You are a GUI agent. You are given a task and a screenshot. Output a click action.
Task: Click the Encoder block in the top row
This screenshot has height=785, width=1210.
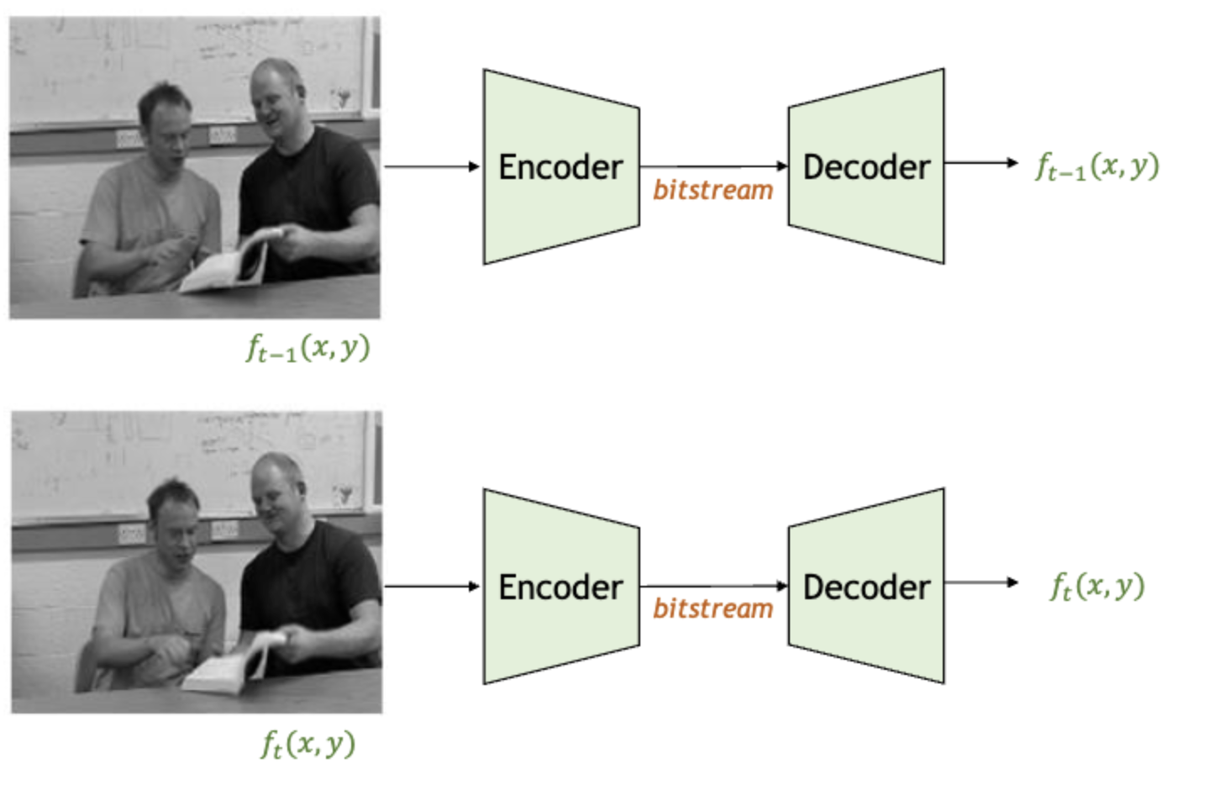click(x=560, y=166)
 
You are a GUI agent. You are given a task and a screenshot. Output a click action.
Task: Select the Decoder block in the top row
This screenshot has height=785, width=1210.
click(x=866, y=166)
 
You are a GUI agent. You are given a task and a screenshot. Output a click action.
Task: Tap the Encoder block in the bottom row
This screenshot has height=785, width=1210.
click(x=560, y=587)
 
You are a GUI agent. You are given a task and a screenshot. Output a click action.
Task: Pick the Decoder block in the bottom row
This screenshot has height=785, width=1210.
click(x=866, y=587)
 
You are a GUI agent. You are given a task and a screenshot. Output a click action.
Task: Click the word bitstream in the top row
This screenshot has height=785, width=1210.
click(x=713, y=191)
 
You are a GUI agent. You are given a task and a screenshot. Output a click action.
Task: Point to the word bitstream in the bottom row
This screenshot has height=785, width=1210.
click(x=713, y=609)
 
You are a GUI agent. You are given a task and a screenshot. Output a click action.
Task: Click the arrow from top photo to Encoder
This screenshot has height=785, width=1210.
click(x=431, y=166)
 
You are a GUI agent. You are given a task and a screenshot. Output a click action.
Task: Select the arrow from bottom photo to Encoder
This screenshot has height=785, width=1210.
click(x=431, y=586)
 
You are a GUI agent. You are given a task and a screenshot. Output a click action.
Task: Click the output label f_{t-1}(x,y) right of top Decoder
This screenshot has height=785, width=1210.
click(x=1097, y=166)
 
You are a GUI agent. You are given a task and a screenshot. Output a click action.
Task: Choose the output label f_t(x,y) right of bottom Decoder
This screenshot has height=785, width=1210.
click(x=1097, y=586)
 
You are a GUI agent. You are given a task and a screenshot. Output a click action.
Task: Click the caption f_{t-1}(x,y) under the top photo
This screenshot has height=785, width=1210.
click(x=308, y=348)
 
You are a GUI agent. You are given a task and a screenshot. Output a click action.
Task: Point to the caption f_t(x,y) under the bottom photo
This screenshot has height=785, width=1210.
click(x=308, y=745)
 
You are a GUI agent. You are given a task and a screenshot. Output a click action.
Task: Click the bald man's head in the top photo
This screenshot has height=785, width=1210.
click(x=277, y=94)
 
